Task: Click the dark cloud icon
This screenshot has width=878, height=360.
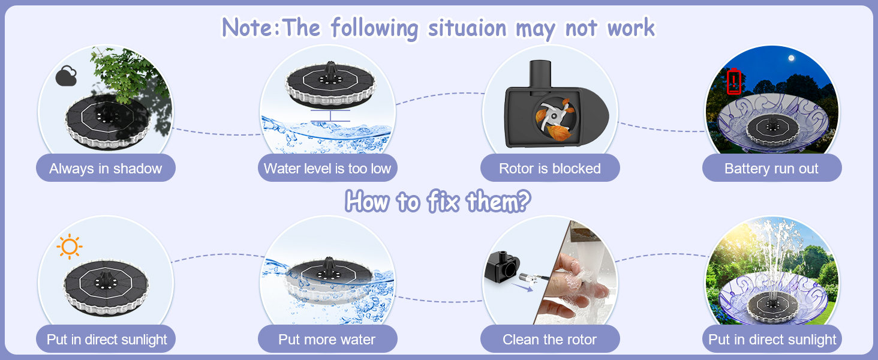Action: coord(66,76)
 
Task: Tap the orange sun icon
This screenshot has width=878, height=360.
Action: coord(69,247)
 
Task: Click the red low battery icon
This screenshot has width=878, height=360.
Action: coord(734,82)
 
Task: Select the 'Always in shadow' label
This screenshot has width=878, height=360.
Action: coord(106,169)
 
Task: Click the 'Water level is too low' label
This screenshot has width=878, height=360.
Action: coord(327,169)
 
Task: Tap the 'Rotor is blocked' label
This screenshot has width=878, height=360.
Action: coord(549,169)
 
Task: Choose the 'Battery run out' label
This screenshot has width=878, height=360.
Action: coord(771,169)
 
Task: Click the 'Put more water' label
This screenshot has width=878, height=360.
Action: coord(327,340)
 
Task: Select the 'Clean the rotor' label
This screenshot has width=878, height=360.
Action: coord(549,340)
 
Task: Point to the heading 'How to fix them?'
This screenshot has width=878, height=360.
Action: coord(438,202)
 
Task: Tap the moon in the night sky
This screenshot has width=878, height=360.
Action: coord(792,58)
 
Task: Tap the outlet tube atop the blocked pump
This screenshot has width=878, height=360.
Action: coord(542,73)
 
